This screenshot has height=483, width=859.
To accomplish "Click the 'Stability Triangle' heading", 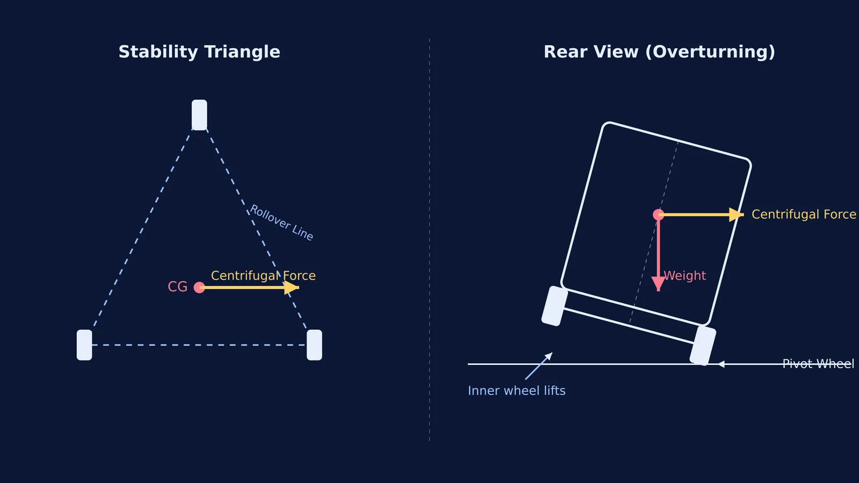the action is [x=199, y=52].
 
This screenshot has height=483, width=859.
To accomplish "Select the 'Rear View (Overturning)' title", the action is [x=659, y=52].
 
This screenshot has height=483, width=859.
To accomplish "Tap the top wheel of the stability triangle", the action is [x=199, y=115].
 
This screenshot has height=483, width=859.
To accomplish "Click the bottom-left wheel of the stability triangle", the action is [x=84, y=345].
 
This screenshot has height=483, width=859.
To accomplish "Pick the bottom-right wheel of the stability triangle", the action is [x=315, y=345].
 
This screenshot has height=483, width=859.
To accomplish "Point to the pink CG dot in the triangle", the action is [x=199, y=287].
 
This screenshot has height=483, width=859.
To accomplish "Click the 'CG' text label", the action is [x=178, y=287].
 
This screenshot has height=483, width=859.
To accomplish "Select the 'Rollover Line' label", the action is [x=281, y=222].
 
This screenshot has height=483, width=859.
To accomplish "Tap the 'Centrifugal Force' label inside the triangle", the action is [x=263, y=276].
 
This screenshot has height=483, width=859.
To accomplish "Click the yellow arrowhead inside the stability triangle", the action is [x=292, y=288].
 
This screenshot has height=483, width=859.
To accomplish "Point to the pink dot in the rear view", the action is [x=658, y=215].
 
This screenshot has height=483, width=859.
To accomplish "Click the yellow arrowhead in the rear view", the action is [x=736, y=215].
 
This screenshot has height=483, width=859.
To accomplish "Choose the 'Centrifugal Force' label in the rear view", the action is [x=804, y=214].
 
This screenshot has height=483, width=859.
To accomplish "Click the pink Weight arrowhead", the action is [x=658, y=284].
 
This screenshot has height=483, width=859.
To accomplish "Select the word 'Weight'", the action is [x=685, y=276].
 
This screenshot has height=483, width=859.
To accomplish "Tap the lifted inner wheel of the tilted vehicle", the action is [x=555, y=306].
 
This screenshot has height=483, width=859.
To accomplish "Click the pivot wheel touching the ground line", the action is [x=703, y=346].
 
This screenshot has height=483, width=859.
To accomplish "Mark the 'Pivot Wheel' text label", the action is [x=818, y=364].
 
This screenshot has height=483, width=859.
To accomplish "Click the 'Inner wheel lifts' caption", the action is [x=516, y=391].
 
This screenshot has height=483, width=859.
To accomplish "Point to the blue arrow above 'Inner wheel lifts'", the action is [x=539, y=366].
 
